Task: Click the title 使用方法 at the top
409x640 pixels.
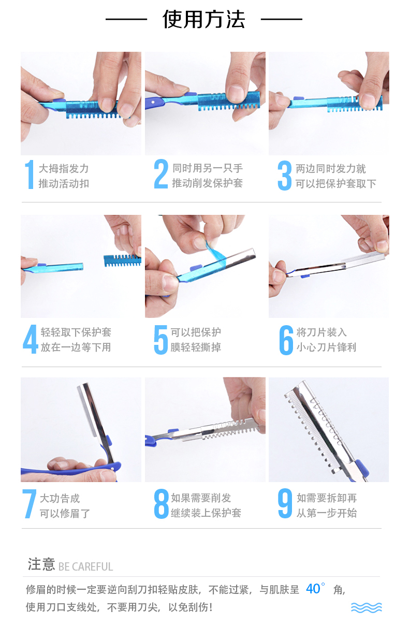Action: click(x=203, y=19)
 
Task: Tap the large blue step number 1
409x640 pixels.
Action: click(x=29, y=174)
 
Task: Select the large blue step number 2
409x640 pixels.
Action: click(x=161, y=173)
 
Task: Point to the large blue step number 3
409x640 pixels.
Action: click(x=284, y=175)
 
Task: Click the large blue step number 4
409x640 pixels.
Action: click(x=30, y=339)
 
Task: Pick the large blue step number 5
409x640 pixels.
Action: click(x=161, y=340)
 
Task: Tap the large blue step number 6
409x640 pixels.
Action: click(x=286, y=340)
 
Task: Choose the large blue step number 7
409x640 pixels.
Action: click(x=29, y=503)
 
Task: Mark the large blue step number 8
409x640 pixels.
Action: click(x=162, y=503)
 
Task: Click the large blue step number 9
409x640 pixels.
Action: click(x=285, y=503)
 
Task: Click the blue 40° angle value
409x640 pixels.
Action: click(x=315, y=589)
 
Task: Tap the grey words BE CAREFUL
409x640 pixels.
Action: click(x=86, y=566)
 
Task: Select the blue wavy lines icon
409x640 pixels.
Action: click(x=367, y=608)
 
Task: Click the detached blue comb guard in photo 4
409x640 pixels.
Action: click(x=122, y=260)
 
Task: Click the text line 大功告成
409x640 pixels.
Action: click(x=60, y=498)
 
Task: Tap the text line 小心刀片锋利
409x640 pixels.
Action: click(x=326, y=347)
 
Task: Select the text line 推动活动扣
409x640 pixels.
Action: click(x=64, y=183)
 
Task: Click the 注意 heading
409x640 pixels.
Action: click(x=41, y=564)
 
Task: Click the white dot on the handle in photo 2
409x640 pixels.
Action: click(x=153, y=101)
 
